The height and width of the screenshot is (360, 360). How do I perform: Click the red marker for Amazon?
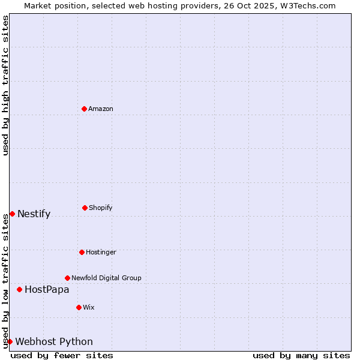pos(84,109)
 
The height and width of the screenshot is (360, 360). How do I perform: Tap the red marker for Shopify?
pos(85,208)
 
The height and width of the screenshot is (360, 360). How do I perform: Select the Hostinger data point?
pos(82,252)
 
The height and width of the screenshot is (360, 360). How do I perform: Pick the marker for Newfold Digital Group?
pos(67,278)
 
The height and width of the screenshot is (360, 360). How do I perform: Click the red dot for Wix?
pos(79,307)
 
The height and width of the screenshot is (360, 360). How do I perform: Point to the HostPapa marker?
pos(19,289)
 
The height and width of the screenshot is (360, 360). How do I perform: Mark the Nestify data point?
pos(12,214)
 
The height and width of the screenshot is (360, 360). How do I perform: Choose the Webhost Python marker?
pos(10,341)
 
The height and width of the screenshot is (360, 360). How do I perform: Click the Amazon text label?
pos(101,109)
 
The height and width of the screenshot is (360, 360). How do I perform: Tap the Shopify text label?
pos(101,208)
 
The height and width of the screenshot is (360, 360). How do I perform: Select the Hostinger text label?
pos(101,252)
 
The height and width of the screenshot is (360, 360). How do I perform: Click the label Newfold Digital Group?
pos(106,278)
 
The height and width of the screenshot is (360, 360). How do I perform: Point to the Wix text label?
pos(89,307)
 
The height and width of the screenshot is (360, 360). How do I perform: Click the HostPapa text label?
pos(47,289)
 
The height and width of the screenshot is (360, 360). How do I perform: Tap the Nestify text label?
pos(34,214)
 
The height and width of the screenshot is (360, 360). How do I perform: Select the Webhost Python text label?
pos(54,341)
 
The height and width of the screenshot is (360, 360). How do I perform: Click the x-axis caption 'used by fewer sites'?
pos(62,355)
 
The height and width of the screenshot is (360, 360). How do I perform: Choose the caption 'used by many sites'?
pos(301,355)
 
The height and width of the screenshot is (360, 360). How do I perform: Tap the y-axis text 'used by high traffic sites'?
pos(5,85)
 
